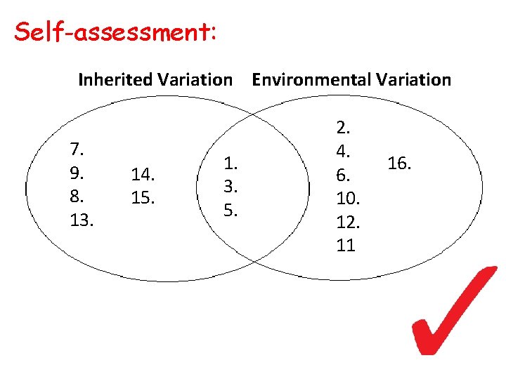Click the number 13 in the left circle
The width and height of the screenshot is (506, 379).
pos(82,220)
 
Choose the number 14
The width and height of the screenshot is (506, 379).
pos(143,173)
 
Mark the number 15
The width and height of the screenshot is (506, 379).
pos(143,197)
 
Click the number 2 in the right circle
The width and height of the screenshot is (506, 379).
pos(344,128)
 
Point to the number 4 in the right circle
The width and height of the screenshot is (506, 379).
pos(344,151)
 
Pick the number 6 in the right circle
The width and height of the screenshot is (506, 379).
pos(344,175)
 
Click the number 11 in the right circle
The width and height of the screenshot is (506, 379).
pos(346,246)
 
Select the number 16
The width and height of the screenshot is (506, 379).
pos(398,164)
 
